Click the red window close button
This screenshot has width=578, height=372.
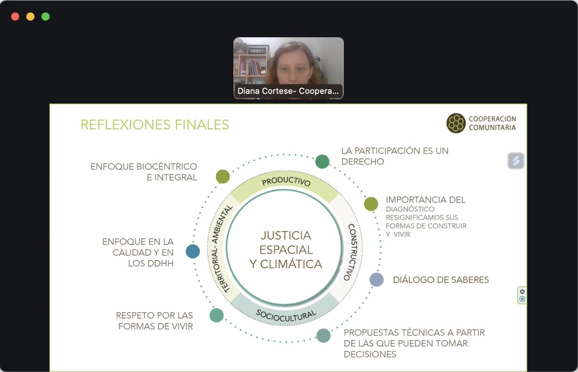point(15,16)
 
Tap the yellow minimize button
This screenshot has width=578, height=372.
point(30,16)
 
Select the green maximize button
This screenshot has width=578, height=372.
point(46,16)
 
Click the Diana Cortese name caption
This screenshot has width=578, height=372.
point(288,91)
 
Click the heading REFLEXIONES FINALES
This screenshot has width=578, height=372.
point(155,125)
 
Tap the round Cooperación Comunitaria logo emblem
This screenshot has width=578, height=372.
point(456,123)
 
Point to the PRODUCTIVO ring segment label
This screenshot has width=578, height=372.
point(286,181)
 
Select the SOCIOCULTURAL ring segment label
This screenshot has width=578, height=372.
point(286,316)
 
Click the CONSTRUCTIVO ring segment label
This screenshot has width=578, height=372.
point(352,252)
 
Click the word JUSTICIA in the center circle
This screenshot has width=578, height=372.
point(286,236)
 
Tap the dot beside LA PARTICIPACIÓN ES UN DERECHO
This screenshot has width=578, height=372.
point(322,162)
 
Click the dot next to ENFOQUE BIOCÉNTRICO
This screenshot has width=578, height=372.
point(223,177)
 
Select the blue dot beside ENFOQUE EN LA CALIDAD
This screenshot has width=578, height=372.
point(193,251)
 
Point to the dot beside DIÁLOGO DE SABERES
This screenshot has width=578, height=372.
point(377,280)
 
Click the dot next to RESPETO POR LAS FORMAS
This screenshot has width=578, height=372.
point(216,315)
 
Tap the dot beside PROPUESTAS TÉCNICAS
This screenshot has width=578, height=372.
point(323,335)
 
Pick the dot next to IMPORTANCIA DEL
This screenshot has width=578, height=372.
point(371,204)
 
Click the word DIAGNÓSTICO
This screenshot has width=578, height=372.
point(410,209)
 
